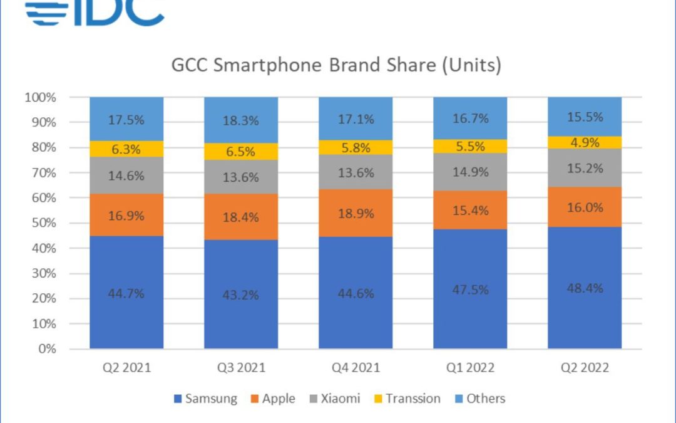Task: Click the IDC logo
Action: click(x=94, y=13)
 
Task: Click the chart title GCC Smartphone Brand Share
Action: click(x=336, y=65)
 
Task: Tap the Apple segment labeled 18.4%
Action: click(x=241, y=217)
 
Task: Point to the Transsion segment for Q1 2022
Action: click(x=470, y=146)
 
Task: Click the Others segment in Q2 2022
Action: click(x=585, y=117)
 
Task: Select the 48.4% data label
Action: click(x=585, y=288)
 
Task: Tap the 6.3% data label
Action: click(x=126, y=149)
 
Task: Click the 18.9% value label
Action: click(x=356, y=213)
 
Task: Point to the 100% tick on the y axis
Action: click(x=40, y=98)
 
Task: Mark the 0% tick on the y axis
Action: click(x=46, y=349)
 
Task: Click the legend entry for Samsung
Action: click(x=204, y=399)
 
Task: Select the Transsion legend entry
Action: click(x=406, y=399)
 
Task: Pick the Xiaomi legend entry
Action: click(x=335, y=399)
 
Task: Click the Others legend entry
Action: click(x=480, y=399)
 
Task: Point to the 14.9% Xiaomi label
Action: click(x=470, y=172)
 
